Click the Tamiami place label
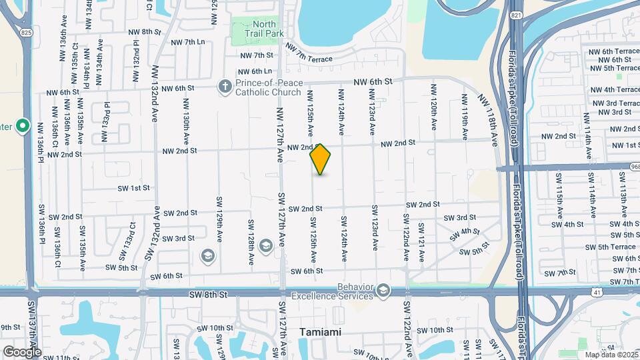point(321,331)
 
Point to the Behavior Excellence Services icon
point(383,290)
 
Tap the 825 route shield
point(25,31)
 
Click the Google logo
point(21,351)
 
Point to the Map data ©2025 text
point(610,354)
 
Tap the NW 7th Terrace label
point(309,53)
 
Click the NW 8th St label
point(145,31)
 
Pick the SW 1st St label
point(134,188)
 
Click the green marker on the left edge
point(22,125)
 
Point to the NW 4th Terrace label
point(613,89)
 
